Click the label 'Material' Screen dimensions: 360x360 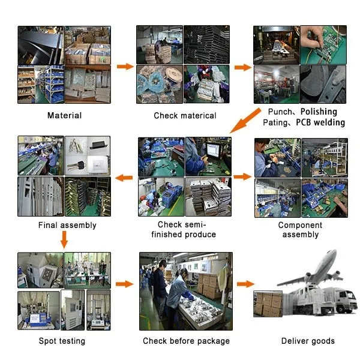coord(65,115)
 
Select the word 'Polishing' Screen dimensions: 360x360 coord(319,112)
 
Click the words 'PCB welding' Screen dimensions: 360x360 coord(320,122)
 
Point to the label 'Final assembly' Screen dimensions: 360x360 coord(67,225)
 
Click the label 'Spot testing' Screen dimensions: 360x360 coord(62,341)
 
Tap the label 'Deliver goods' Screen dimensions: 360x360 coord(308,341)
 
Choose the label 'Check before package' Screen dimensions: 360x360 coord(186,341)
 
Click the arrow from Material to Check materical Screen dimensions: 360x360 coord(125,67)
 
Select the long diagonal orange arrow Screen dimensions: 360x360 coord(245,121)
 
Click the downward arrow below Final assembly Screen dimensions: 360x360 coord(64,239)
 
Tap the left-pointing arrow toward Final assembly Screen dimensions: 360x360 coord(124,178)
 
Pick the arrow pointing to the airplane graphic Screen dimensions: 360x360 coord(245,284)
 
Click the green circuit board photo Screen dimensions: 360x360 coord(323,45)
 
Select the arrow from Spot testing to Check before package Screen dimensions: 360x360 coord(124,284)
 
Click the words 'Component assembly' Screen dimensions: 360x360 coord(301,230)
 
